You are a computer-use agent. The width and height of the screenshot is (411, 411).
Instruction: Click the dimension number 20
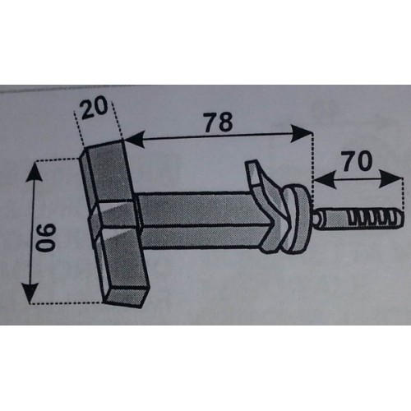tap(94, 108)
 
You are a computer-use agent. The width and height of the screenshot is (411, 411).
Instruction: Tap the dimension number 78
tap(219, 121)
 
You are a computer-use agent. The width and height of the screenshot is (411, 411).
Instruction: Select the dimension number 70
tap(358, 161)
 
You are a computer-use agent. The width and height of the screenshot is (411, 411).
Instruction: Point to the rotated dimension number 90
tap(46, 238)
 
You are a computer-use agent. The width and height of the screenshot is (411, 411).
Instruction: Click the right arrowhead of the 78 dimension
tap(302, 133)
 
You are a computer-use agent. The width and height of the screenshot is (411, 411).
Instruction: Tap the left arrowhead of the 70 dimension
tap(324, 180)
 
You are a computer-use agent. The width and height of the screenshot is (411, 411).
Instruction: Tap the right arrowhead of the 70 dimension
tap(390, 178)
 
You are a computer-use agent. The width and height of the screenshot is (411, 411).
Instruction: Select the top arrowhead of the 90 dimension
tap(35, 172)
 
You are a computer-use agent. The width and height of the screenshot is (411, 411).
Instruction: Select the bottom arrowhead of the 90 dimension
tap(30, 293)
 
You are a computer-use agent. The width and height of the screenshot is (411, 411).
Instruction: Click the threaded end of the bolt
tap(376, 218)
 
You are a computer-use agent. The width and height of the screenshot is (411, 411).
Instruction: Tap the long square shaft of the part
tap(197, 220)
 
